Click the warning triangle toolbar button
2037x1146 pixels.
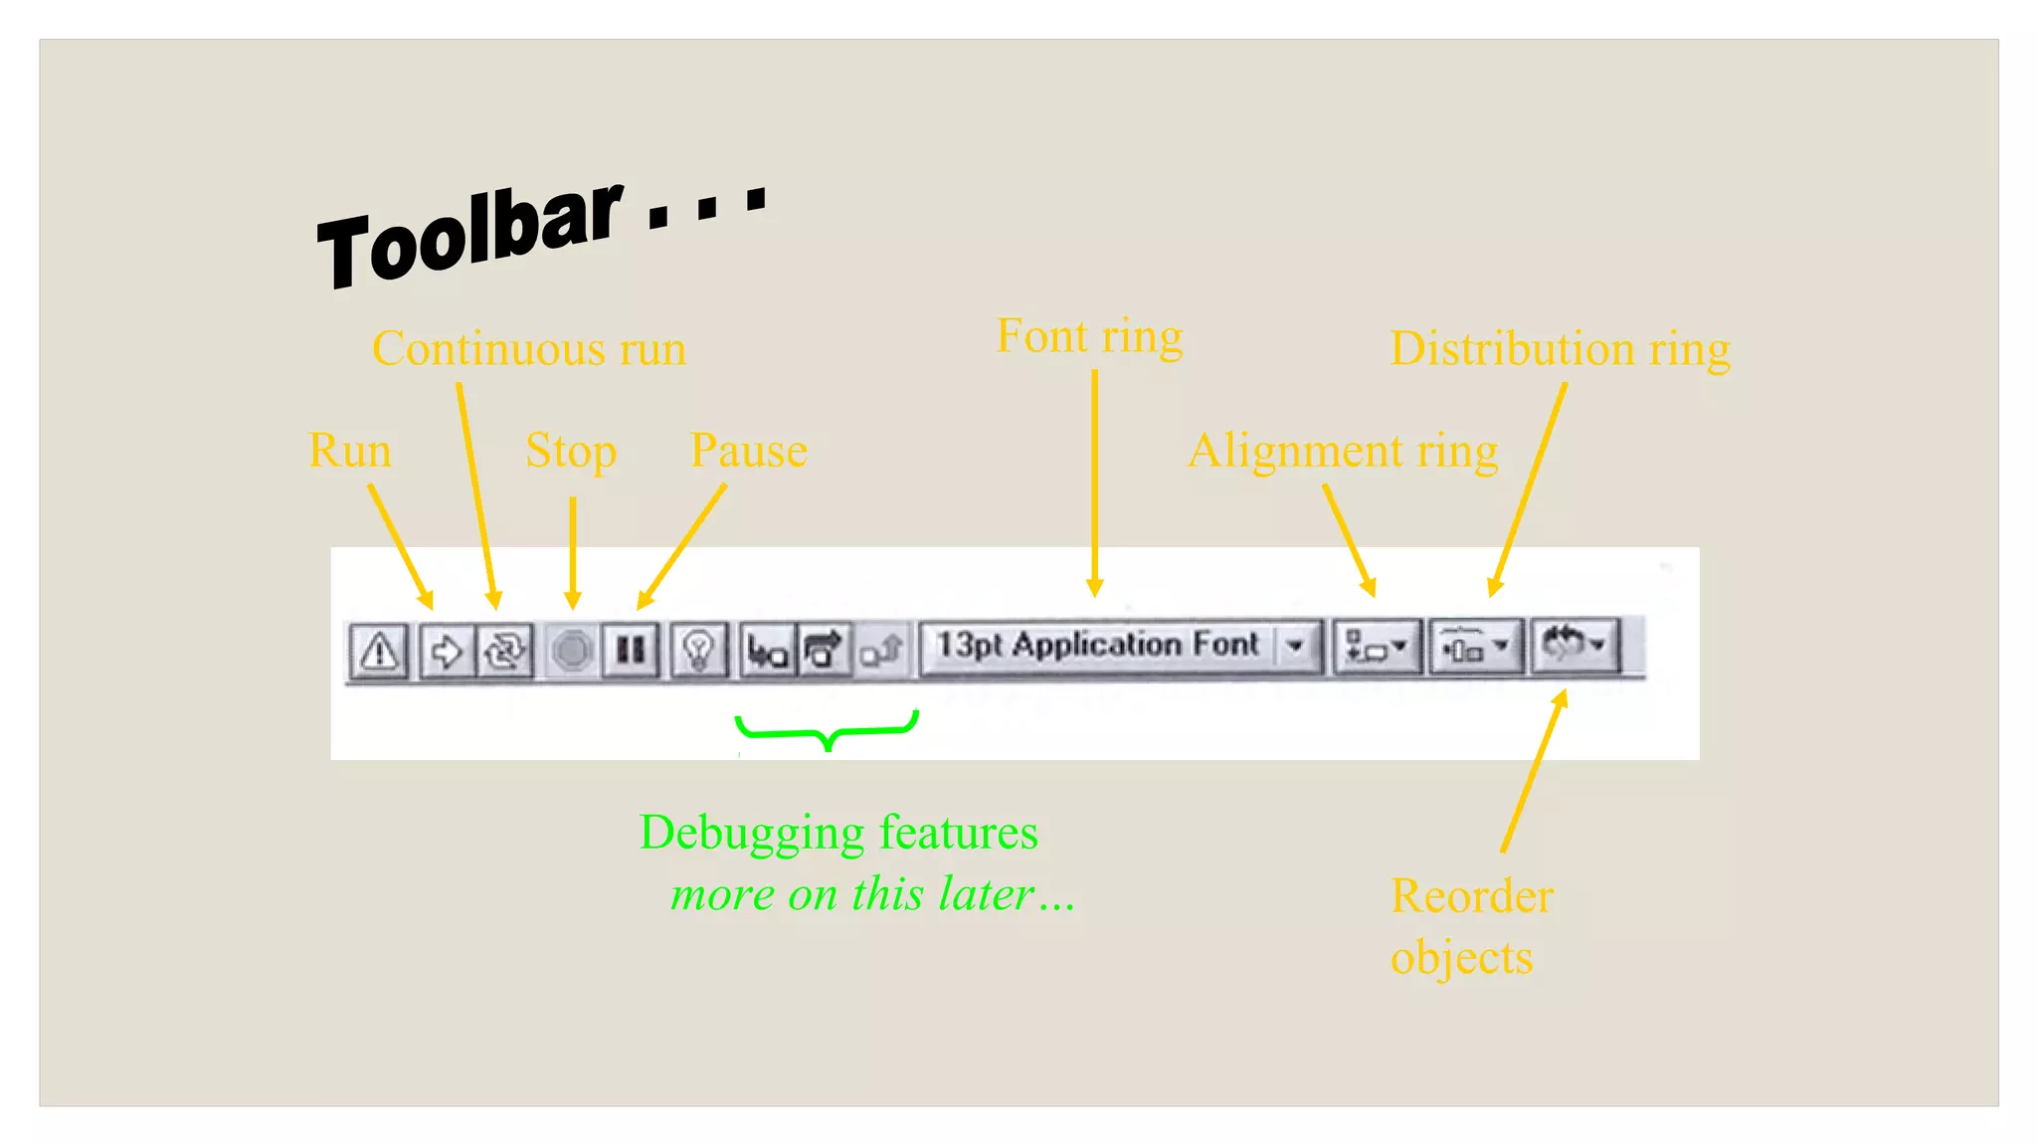click(x=379, y=652)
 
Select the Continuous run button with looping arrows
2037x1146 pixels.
click(x=504, y=652)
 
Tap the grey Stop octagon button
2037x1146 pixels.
click(x=572, y=652)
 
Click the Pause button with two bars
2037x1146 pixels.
click(x=631, y=652)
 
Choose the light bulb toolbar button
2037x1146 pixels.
click(x=698, y=652)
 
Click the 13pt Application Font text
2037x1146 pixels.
click(x=1097, y=646)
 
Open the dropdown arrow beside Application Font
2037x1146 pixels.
click(x=1295, y=647)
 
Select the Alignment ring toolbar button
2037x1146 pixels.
click(x=1376, y=648)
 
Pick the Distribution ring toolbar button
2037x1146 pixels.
click(x=1475, y=648)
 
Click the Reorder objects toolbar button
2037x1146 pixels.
click(x=1574, y=646)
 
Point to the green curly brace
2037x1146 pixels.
click(x=827, y=731)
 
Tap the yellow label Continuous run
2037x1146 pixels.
click(x=529, y=349)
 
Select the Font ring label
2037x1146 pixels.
click(x=1090, y=336)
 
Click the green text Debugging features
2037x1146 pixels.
click(x=838, y=833)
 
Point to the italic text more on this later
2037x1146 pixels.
click(x=872, y=894)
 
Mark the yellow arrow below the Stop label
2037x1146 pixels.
click(x=573, y=552)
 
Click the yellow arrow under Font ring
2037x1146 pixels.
click(x=1095, y=482)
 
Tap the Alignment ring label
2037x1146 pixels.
click(x=1343, y=451)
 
